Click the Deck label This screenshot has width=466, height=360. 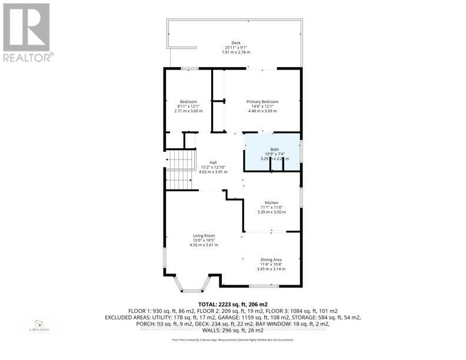236,42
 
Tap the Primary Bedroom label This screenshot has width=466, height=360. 262,101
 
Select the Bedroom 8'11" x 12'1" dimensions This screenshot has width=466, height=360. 188,106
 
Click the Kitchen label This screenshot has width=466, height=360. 271,202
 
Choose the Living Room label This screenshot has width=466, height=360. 204,235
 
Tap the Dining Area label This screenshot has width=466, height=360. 271,259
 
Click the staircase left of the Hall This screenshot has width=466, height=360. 179,169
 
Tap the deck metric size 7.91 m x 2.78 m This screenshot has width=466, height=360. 236,52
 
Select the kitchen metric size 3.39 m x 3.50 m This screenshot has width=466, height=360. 271,212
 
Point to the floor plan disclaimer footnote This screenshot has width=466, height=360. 232,339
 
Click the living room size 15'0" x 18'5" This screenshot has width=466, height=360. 204,240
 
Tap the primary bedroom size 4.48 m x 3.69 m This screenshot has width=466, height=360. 262,111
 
